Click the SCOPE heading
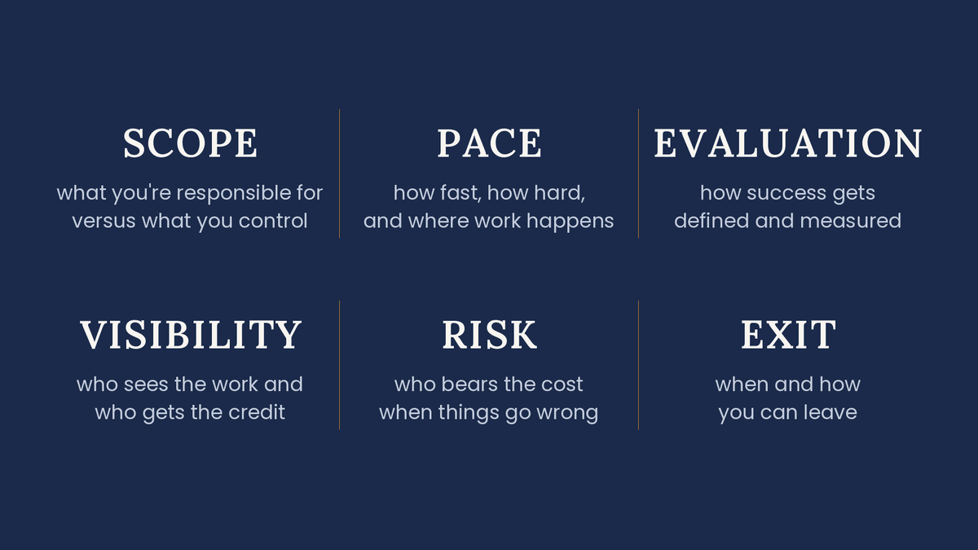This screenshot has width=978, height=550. coord(190,143)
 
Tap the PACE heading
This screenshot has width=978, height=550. coord(489,143)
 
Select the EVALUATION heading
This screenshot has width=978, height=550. coord(787,143)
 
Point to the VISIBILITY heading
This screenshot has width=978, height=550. coord(191,335)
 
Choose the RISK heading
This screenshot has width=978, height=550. coord(489,335)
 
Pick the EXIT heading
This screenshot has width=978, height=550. coord(788,335)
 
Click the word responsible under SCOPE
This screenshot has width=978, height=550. coord(233,193)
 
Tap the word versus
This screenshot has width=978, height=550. coord(104,221)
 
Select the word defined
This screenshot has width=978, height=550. coord(711,221)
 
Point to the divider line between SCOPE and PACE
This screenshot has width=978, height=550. coord(339,174)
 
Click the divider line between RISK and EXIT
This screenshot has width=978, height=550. coord(638,365)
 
